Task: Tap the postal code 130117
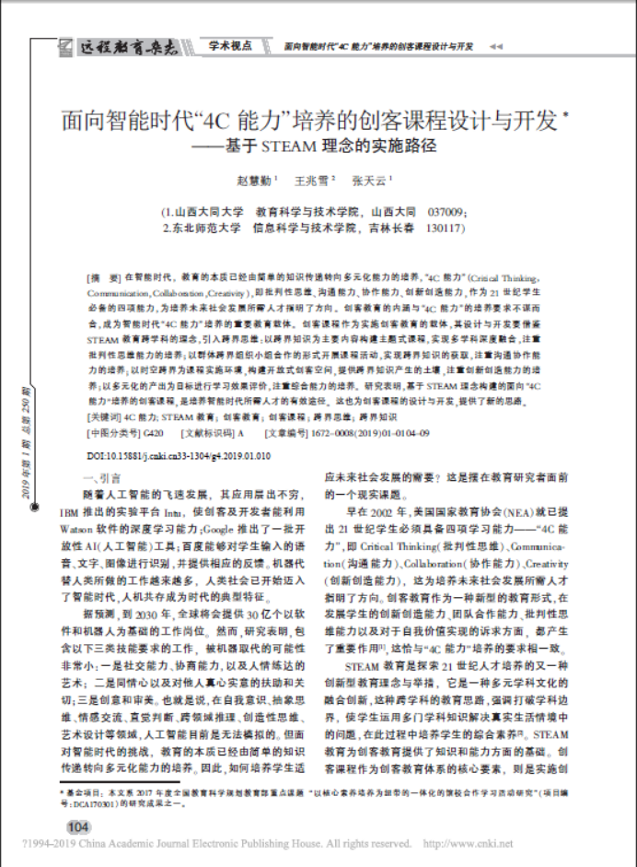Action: [x=450, y=228]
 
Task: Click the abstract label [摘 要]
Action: [x=104, y=276]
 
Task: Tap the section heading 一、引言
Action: [x=102, y=479]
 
